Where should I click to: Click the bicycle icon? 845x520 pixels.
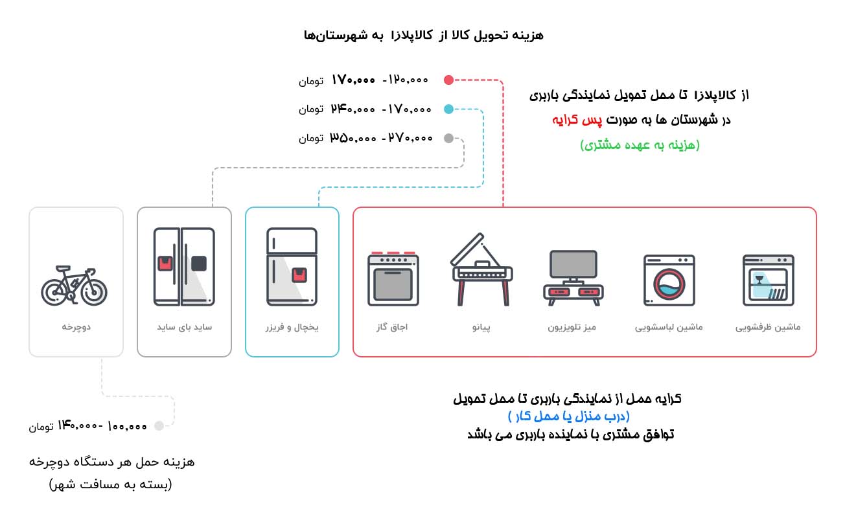coord(75,286)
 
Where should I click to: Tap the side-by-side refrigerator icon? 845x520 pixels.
coord(184,266)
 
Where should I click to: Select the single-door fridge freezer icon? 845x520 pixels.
coord(292,266)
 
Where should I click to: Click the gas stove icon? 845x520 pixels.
coord(393,278)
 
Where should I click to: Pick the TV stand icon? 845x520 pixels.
coord(572,278)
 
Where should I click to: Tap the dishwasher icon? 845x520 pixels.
coord(768,280)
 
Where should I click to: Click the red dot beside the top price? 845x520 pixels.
coord(448,80)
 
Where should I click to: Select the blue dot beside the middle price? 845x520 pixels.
coord(448,109)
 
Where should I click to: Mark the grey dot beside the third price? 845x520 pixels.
coord(448,138)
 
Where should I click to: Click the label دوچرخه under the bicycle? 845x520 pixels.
coord(76,328)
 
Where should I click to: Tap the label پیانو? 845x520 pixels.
coord(481,328)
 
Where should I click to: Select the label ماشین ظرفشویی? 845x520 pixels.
coord(768,328)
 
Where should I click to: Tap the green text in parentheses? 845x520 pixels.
coord(640,145)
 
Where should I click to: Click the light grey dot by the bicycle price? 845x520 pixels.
coord(159,426)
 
